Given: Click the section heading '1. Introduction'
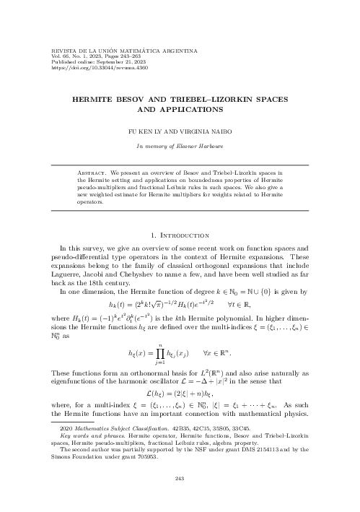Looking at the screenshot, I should pyautogui.click(x=180, y=235).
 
